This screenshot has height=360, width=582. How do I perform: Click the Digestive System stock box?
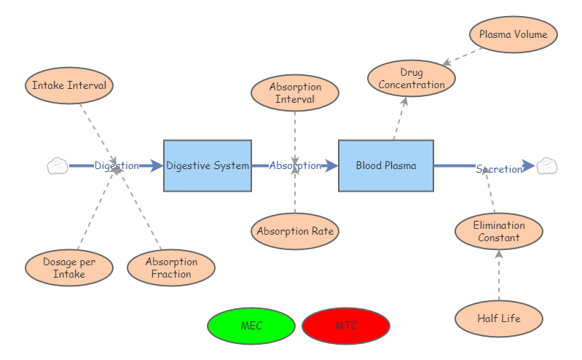click(208, 165)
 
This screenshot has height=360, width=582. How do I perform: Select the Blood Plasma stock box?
click(386, 165)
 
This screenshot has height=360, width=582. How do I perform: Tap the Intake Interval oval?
click(69, 85)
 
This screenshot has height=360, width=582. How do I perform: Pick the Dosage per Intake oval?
click(69, 267)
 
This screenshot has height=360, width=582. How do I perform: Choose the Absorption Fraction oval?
click(171, 267)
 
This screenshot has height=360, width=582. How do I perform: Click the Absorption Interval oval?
click(295, 93)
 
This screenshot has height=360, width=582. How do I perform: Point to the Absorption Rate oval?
click(295, 232)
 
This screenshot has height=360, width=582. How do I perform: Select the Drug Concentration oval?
click(412, 78)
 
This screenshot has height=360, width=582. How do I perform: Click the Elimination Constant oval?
click(499, 231)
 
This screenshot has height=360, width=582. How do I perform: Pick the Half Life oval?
click(499, 318)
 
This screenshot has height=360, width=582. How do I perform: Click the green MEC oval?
click(251, 326)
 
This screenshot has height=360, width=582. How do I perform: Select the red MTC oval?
click(346, 326)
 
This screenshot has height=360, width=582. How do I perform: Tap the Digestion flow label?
click(117, 165)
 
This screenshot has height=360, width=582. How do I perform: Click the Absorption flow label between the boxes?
click(295, 165)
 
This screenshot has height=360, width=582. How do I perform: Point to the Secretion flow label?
click(499, 169)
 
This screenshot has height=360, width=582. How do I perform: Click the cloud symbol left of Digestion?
click(58, 166)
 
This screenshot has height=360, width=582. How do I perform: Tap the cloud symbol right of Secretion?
click(546, 166)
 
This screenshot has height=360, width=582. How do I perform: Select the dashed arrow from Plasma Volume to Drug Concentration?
click(463, 57)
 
